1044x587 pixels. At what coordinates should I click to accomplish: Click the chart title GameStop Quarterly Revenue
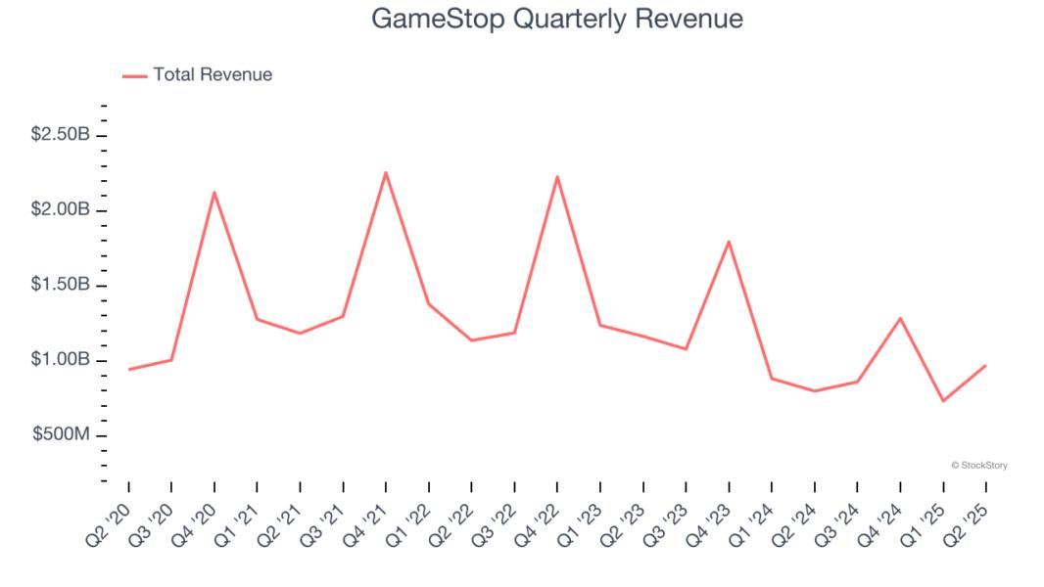click(556, 19)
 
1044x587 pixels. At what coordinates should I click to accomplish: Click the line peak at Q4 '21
click(386, 172)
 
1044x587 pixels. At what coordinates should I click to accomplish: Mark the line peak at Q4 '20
click(214, 192)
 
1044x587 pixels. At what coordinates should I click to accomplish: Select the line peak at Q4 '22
click(557, 176)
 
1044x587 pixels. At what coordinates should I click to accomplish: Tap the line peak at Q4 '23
click(729, 241)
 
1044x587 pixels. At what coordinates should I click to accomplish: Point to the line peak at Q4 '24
click(900, 318)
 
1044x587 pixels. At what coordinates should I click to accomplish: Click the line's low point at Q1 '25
click(942, 401)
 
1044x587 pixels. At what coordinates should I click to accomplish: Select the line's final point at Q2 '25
click(985, 365)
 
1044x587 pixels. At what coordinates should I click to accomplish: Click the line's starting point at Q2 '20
click(128, 370)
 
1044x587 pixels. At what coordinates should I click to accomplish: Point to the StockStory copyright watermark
click(978, 466)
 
